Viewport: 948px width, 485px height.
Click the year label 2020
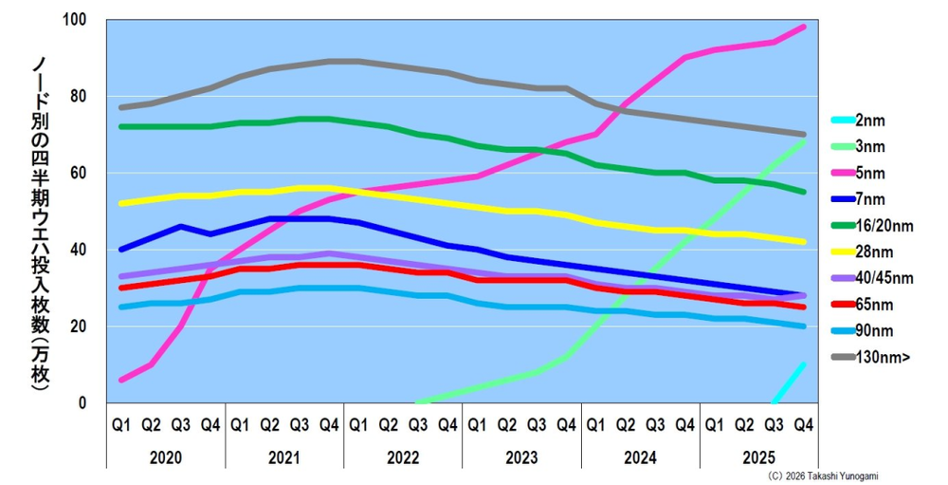165,457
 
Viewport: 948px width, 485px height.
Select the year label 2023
521,457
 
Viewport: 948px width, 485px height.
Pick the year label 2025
758,457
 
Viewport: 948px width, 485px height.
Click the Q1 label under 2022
358,425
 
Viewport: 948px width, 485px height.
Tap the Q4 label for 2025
803,425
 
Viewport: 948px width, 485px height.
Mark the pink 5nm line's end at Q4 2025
804,27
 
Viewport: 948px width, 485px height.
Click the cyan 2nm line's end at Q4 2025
804,364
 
